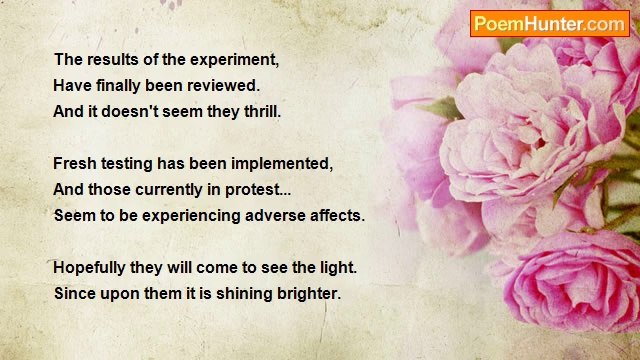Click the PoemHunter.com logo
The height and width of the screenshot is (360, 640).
pos(549,24)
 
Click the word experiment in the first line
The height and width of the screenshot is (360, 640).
pos(234,59)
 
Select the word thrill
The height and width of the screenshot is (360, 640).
pos(259,111)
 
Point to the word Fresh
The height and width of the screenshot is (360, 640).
pos(75,163)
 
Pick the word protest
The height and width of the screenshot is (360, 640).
pos(261,189)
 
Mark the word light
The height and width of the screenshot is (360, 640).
pos(336,268)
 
